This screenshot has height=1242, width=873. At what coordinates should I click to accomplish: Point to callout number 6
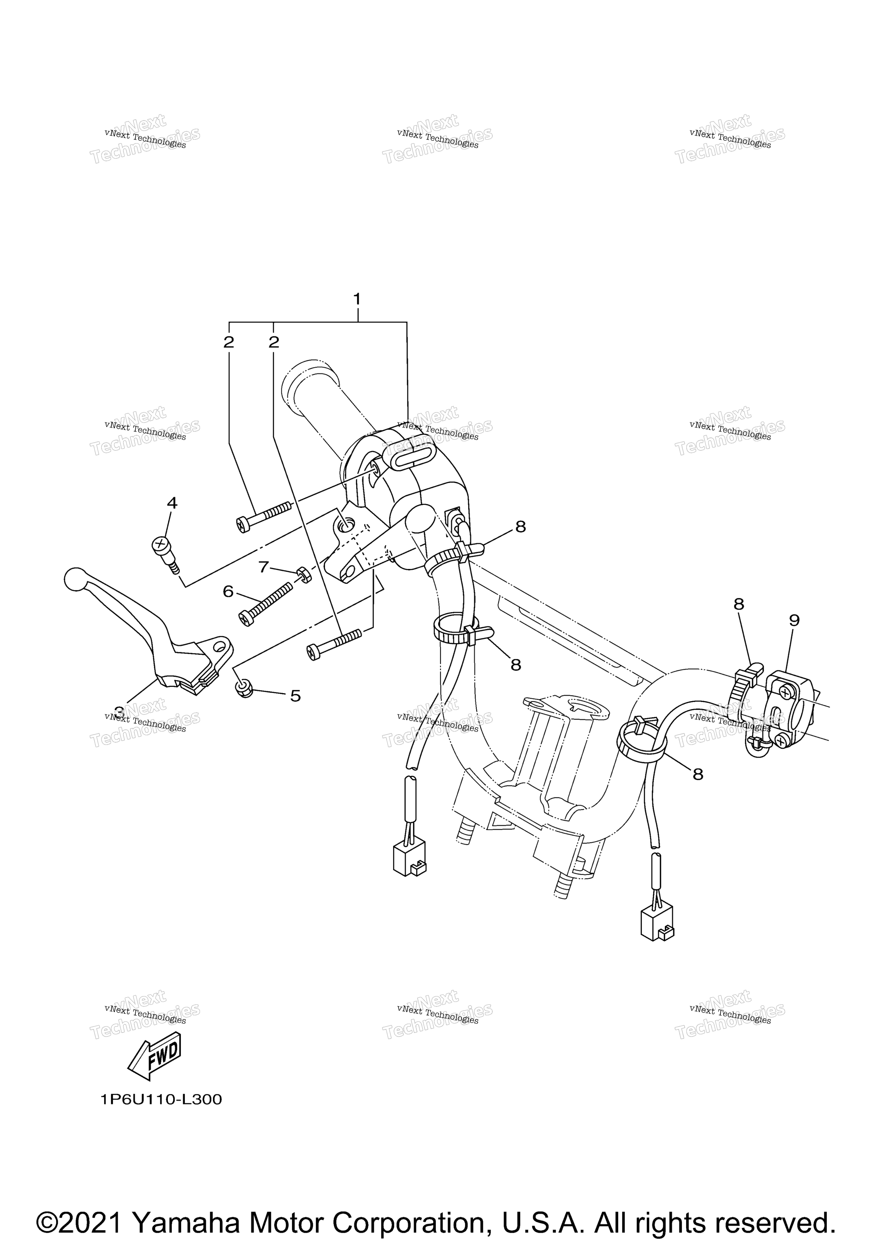[x=228, y=592]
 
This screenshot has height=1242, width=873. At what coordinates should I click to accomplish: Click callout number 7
[x=264, y=567]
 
